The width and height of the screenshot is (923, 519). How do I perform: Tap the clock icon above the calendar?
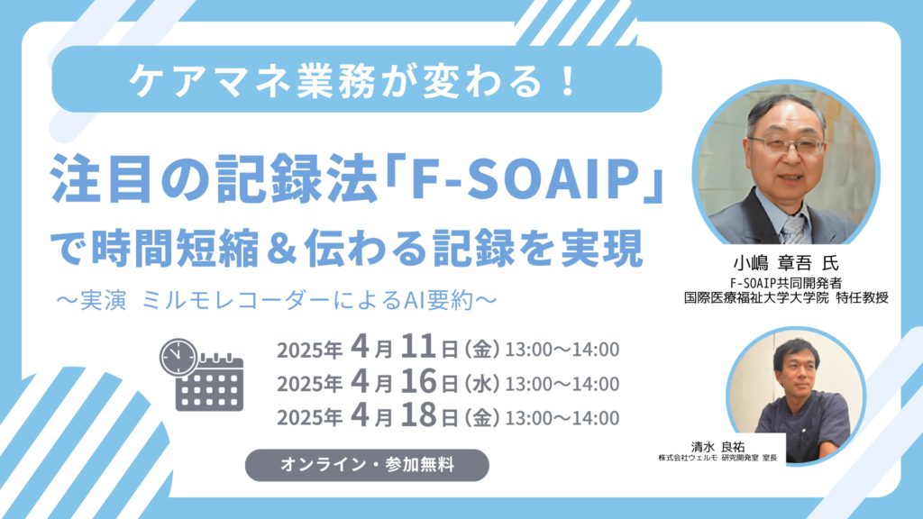[x=178, y=357]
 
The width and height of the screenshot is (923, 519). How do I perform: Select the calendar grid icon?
[x=210, y=382]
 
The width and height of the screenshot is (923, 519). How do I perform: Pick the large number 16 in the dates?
[x=418, y=381]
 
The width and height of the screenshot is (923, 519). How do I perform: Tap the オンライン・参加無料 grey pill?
[x=367, y=465]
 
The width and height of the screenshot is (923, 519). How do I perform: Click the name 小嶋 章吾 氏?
[x=785, y=262]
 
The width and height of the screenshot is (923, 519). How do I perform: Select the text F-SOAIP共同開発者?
[x=785, y=284]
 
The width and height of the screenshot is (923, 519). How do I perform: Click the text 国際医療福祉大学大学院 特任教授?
[x=786, y=297]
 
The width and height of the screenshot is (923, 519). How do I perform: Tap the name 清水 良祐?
[x=717, y=446]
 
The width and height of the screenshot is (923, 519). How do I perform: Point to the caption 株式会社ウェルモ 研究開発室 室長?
[x=717, y=458]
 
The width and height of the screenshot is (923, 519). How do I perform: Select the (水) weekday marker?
[x=482, y=384]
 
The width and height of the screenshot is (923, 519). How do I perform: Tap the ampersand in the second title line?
[x=280, y=249]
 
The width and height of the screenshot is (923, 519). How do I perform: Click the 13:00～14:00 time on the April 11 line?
[x=562, y=350]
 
